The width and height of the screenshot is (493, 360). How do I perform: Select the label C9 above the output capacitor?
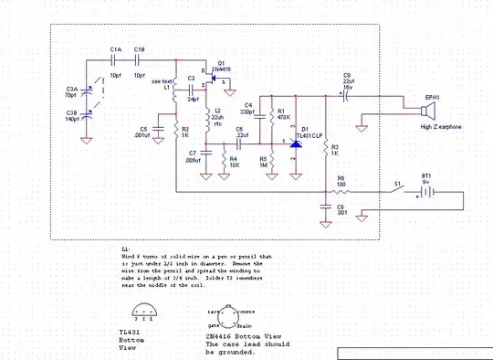[x=347, y=75]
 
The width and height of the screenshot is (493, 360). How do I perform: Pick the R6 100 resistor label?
[x=341, y=182]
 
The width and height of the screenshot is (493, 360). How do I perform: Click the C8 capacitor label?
[x=340, y=207]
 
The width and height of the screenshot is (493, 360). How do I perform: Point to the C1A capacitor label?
[x=115, y=48]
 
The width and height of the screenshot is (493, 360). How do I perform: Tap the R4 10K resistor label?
[x=234, y=162]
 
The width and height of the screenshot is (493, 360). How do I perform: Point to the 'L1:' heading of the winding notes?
[x=126, y=248]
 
